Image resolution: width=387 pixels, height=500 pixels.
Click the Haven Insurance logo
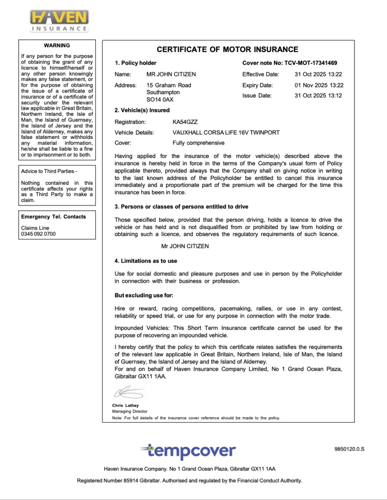point(59,21)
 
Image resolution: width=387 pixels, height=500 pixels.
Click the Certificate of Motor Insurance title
point(228,50)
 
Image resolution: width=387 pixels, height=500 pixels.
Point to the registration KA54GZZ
point(184,122)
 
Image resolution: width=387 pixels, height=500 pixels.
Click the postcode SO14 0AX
point(160,100)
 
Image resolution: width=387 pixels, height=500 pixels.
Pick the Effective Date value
point(319,74)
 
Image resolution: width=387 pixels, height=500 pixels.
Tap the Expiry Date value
point(319,85)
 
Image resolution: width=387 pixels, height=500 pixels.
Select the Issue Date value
point(319,96)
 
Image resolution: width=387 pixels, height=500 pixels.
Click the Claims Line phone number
point(38,234)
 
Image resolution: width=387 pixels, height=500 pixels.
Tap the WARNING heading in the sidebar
point(57,45)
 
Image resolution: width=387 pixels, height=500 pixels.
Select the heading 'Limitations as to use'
point(146,261)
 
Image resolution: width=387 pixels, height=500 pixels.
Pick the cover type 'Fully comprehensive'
point(198,143)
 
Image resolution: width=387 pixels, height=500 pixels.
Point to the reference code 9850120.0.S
point(349,449)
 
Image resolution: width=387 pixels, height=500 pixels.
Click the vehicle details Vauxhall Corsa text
point(226,132)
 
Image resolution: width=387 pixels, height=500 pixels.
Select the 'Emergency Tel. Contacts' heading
point(53,217)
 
